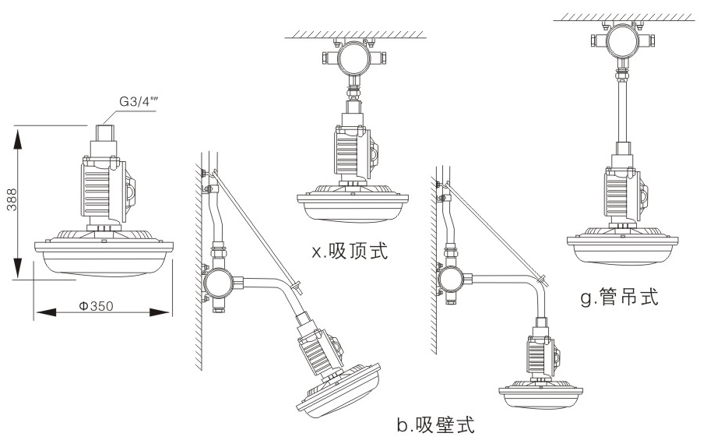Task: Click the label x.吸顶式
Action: pyautogui.click(x=348, y=252)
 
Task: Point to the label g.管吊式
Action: pyautogui.click(x=620, y=297)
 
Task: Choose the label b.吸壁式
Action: pyautogui.click(x=434, y=424)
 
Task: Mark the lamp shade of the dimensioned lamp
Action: pyautogui.click(x=102, y=256)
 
